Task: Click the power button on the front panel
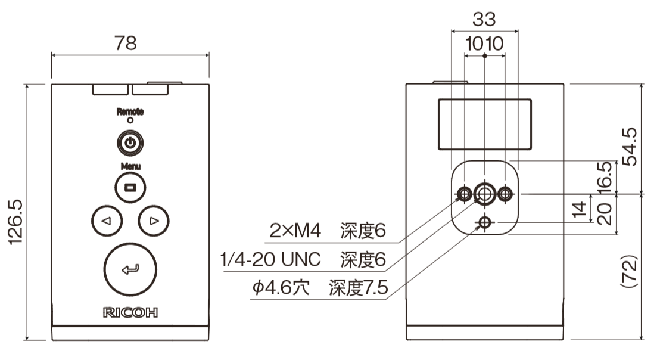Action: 130,143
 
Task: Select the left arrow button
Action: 107,221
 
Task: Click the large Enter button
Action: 130,269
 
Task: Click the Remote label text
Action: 130,111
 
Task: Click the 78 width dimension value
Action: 126,43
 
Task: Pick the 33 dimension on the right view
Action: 484,20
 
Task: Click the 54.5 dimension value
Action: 630,147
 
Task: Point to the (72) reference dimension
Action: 630,271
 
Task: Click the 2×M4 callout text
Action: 295,231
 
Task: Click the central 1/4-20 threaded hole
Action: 484,193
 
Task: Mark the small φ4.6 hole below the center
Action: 484,223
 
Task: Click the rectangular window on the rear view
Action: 484,124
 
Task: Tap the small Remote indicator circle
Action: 130,120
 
